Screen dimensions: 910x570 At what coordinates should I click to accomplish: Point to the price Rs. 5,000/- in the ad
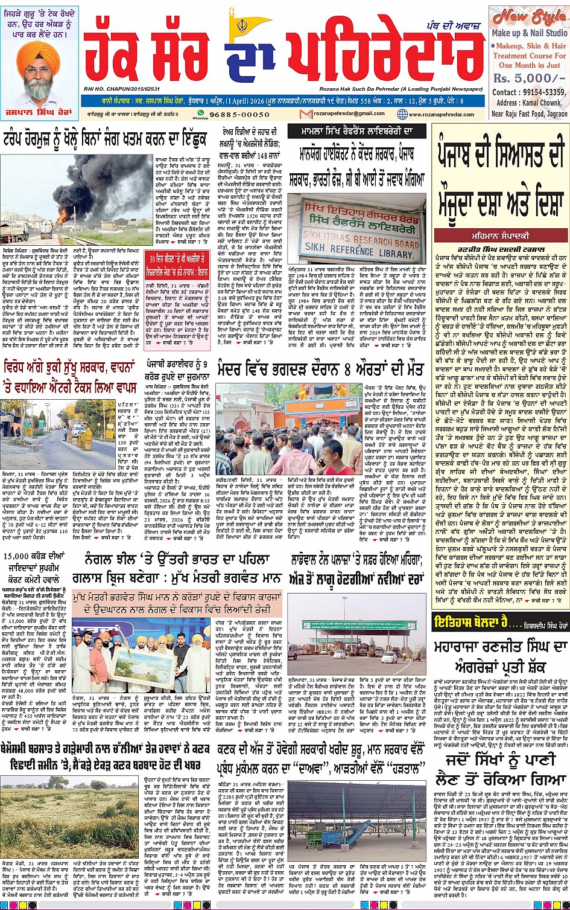tap(522, 79)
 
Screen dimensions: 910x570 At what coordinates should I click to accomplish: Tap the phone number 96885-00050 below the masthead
tap(240, 114)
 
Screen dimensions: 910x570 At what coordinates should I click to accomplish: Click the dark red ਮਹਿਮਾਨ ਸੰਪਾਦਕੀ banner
tap(500, 236)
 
